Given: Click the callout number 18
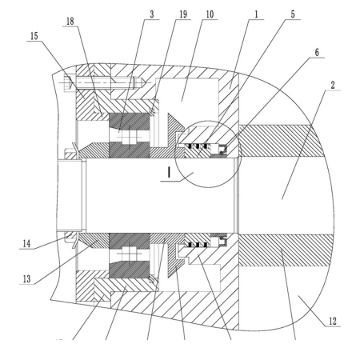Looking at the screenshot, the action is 70,22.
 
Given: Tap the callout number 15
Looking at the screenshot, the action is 34,36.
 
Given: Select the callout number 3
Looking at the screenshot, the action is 152,14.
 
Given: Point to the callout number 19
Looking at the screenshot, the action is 183,14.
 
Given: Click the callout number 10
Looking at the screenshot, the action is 210,14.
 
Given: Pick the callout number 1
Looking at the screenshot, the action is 257,14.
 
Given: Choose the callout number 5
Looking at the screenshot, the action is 293,14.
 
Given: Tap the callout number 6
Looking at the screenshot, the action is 317,52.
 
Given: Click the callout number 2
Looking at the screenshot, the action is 333,86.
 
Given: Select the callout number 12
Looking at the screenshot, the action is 333,321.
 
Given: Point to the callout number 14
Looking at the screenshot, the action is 26,244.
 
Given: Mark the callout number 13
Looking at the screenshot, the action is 26,279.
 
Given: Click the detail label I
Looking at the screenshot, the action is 169,172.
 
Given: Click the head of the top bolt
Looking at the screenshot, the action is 68,84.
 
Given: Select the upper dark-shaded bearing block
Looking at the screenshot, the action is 130,135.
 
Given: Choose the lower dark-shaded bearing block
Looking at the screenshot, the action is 130,255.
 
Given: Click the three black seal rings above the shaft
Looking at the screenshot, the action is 198,146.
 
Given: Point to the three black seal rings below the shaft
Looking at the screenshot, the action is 198,245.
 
